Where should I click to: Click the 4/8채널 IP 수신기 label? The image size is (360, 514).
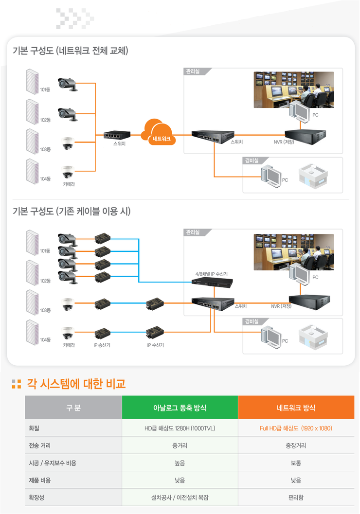[x=211, y=274]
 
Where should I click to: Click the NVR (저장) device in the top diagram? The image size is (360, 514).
[x=305, y=133]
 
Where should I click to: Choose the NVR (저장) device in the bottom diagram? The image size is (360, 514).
[x=309, y=299]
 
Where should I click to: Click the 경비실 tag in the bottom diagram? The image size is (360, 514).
[x=252, y=322]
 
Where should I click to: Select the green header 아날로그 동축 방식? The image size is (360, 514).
[x=180, y=408]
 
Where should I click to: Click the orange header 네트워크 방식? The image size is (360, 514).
[x=296, y=408]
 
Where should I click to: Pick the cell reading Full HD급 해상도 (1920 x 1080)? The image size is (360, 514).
[x=296, y=428]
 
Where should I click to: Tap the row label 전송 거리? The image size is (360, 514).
[x=40, y=445]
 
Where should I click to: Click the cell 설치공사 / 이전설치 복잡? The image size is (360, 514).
[x=180, y=497]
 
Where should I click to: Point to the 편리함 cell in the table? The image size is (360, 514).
[x=296, y=497]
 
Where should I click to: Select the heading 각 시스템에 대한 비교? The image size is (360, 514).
[x=75, y=384]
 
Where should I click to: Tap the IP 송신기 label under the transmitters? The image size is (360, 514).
[x=102, y=345]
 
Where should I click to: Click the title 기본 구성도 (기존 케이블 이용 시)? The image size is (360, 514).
[x=72, y=212]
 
